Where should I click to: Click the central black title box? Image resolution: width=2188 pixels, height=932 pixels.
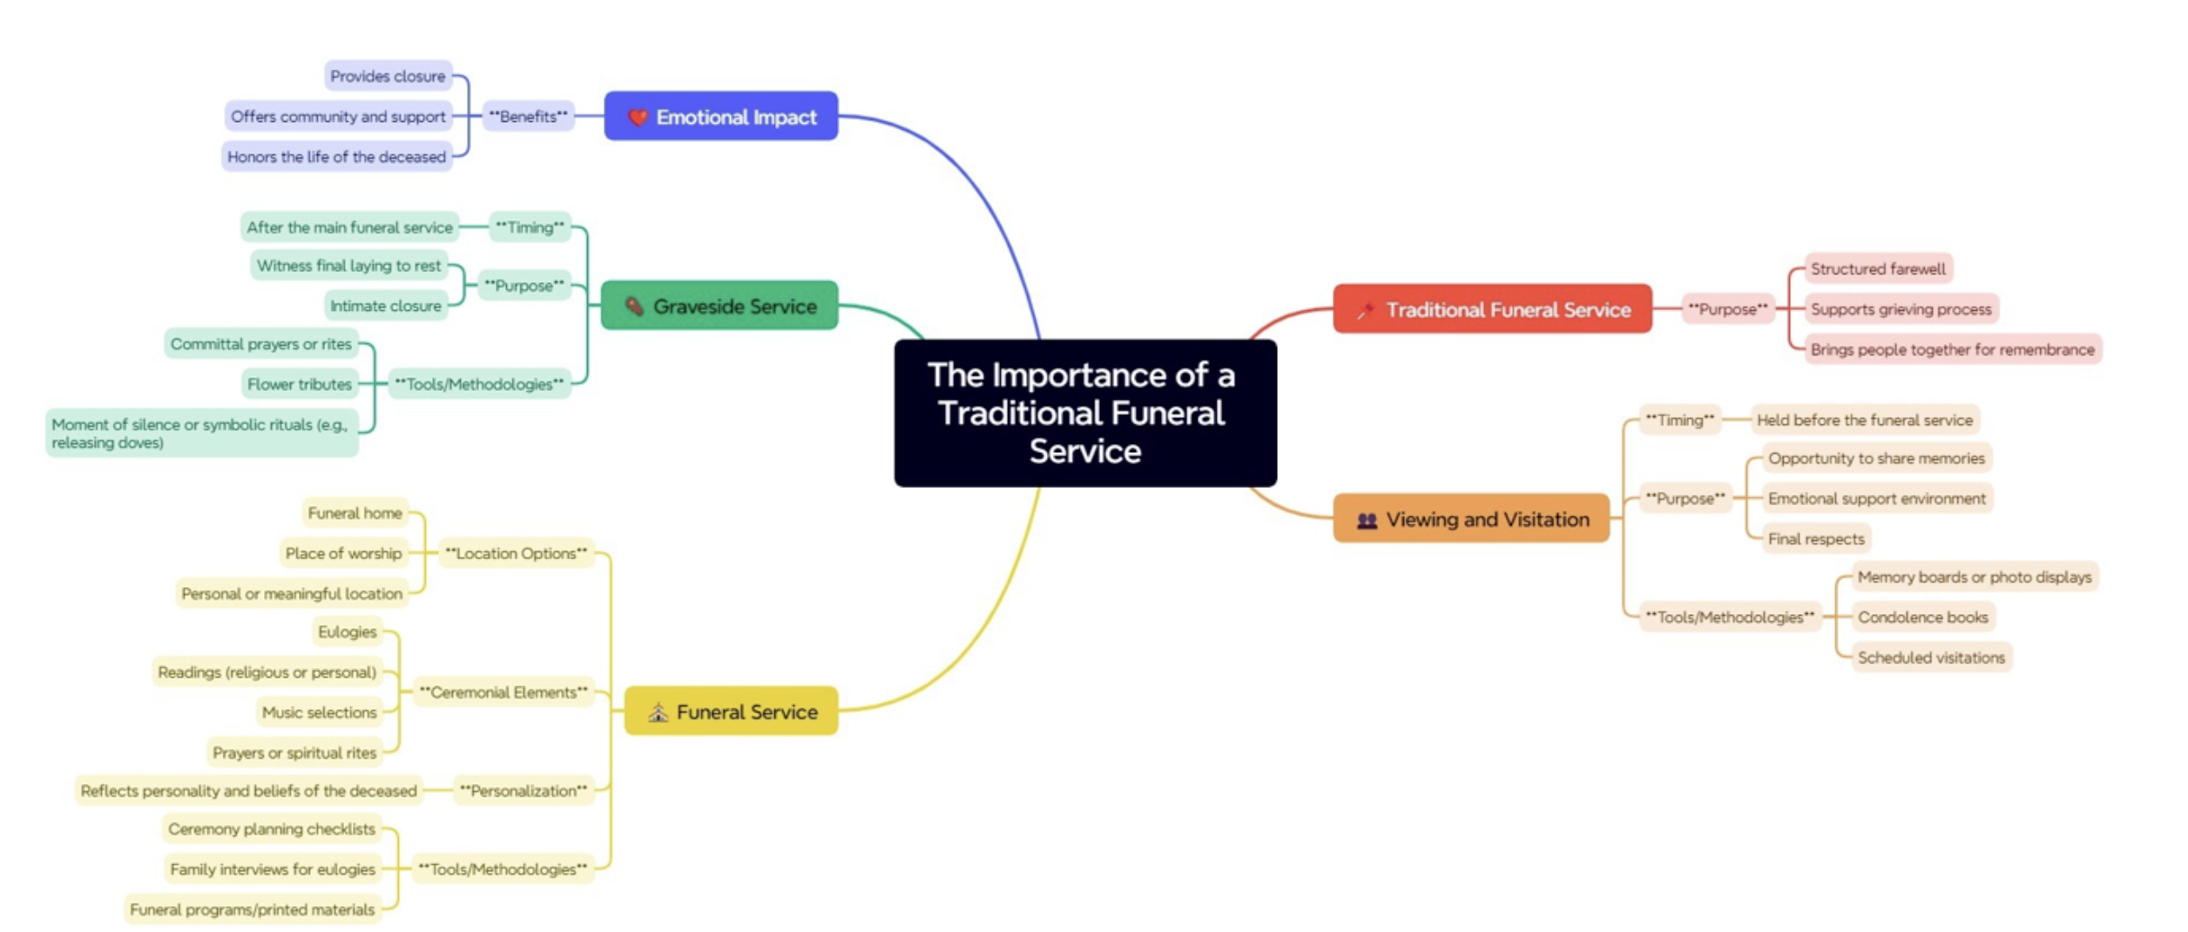pos(1084,413)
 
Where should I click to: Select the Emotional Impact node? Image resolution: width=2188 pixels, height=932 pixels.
pos(720,117)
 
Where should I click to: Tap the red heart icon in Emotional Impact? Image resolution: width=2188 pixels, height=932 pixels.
pos(638,117)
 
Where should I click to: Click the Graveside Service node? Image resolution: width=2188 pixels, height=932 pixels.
pos(719,306)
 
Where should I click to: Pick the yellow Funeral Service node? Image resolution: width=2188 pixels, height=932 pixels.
pos(731,712)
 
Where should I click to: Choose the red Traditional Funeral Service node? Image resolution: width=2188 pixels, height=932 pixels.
pos(1491,309)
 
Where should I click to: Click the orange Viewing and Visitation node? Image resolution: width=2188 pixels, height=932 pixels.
pos(1470,519)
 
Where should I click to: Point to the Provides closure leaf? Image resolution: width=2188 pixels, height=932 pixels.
pos(388,77)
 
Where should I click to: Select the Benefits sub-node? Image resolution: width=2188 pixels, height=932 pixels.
pos(528,116)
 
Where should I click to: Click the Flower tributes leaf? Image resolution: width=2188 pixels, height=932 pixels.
pos(299,384)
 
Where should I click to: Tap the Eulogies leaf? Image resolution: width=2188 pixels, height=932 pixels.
pos(347,631)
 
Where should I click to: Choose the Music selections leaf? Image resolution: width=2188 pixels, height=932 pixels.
pos(319,713)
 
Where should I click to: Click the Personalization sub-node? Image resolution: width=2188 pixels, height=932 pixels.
pos(523,791)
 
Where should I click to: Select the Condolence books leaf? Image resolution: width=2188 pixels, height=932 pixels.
pos(1922,617)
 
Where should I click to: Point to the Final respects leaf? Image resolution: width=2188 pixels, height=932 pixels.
pos(1815,538)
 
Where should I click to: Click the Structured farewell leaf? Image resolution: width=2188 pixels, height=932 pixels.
pos(1877,268)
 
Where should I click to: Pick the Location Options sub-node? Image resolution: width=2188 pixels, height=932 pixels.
pos(516,553)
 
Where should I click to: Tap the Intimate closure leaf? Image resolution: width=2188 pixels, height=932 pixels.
pos(385,306)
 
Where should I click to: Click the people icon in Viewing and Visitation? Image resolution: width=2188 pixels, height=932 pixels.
pos(1367,520)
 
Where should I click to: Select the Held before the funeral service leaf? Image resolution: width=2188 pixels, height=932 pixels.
pos(1864,420)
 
